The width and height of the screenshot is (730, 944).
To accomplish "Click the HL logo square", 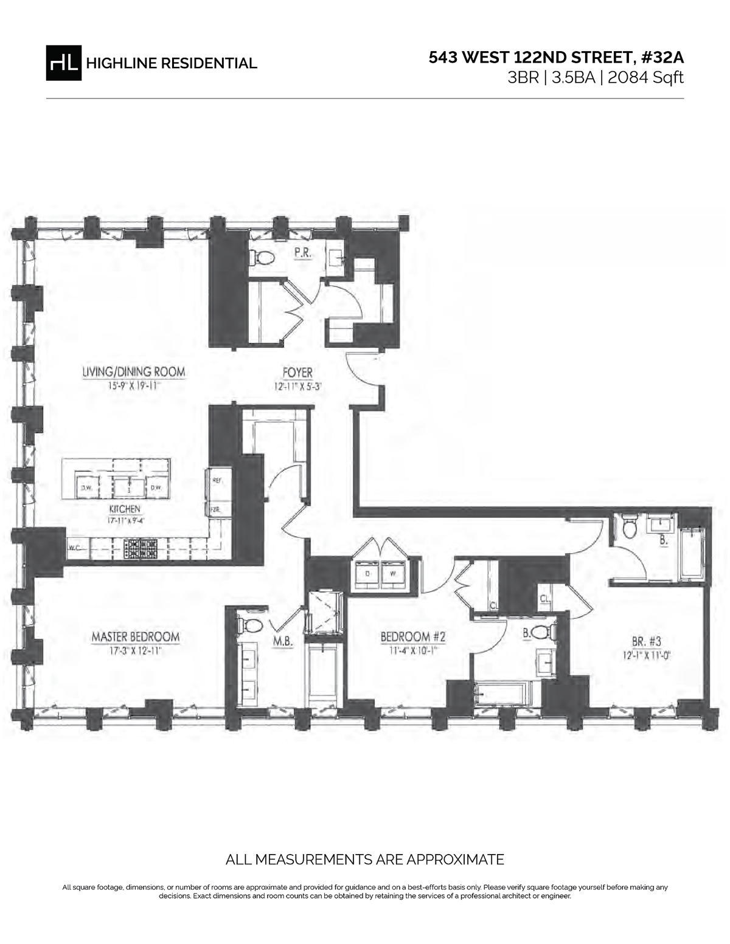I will [63, 63].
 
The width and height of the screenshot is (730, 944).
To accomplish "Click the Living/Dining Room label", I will [134, 372].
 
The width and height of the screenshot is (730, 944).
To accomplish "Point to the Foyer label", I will [297, 373].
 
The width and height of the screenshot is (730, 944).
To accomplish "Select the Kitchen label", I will [125, 509].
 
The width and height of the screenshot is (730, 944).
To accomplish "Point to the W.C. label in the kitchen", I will [74, 548].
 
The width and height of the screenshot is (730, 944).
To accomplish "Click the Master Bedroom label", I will [135, 637].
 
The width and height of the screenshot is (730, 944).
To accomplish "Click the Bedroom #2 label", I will [413, 637].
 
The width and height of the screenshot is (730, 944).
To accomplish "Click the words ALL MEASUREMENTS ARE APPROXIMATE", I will [364, 860].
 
